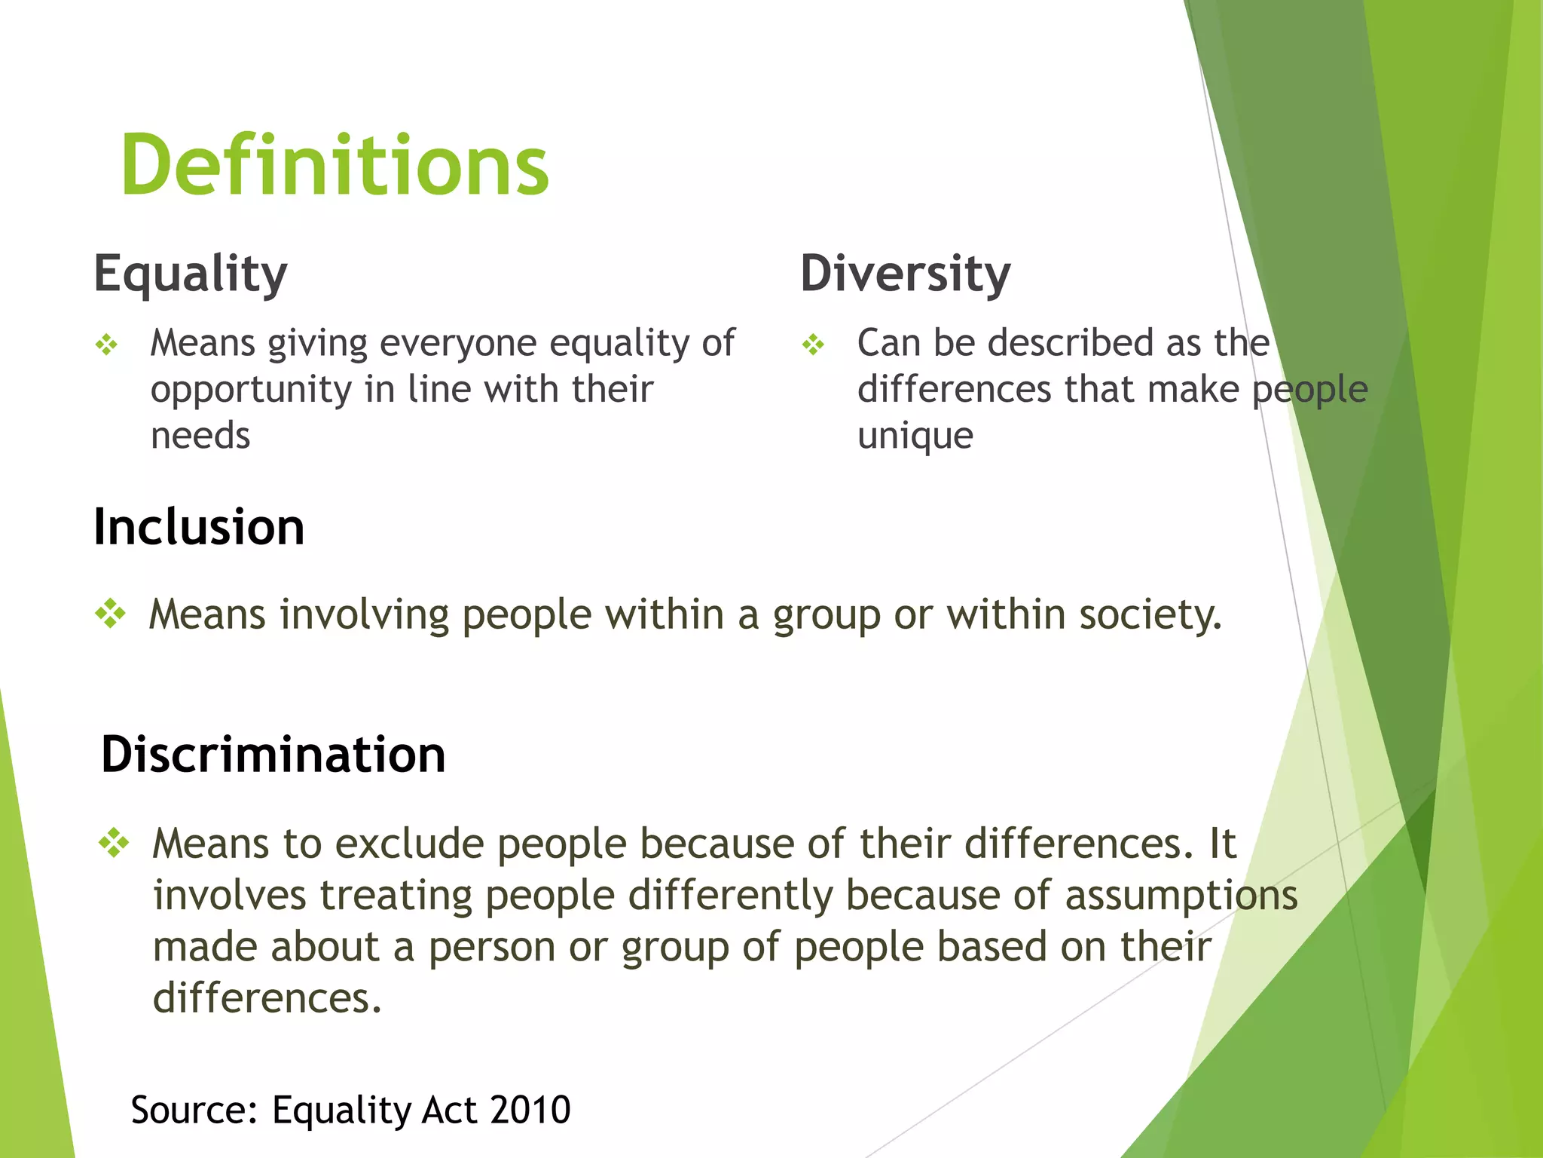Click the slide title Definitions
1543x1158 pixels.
tap(335, 166)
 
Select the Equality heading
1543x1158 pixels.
tap(191, 274)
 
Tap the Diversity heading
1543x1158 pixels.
tap(905, 274)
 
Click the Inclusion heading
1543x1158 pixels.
tap(199, 527)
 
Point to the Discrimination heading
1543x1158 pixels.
tap(273, 755)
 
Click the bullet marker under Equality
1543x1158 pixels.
tap(107, 345)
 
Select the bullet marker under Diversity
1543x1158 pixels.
tap(814, 345)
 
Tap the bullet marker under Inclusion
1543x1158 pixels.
tap(111, 614)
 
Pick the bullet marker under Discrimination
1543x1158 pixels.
tap(115, 842)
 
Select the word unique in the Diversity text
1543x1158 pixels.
tap(915, 437)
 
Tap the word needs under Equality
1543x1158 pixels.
tap(200, 437)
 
